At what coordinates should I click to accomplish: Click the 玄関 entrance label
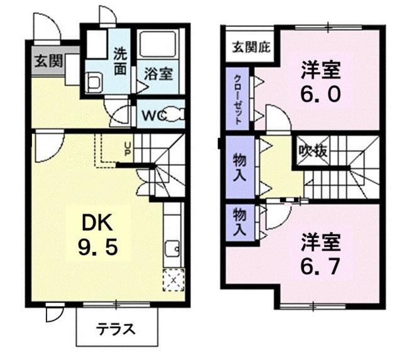tap(47, 62)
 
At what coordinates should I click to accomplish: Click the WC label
tap(153, 116)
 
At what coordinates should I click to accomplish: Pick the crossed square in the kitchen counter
tap(173, 278)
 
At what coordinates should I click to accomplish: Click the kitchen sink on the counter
tap(172, 251)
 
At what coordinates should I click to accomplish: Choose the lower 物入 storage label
tap(239, 221)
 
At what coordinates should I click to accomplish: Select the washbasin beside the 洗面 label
tap(94, 80)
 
